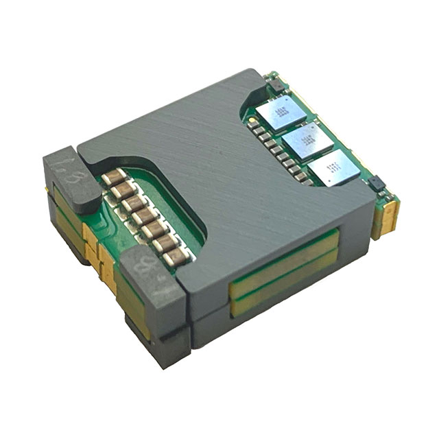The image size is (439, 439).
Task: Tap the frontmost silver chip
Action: (334, 169)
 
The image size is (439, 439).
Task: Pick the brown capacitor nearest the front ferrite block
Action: (176, 256)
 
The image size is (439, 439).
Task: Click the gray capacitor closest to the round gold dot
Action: (255, 128)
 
